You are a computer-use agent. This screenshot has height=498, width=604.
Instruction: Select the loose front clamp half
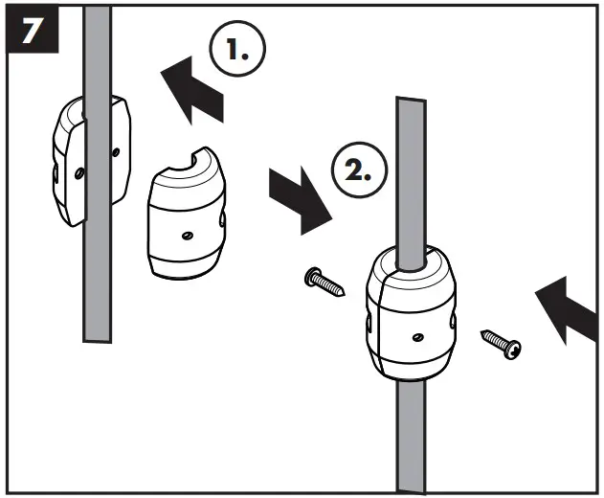point(189,217)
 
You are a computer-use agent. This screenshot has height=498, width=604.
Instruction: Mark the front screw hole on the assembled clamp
point(416,335)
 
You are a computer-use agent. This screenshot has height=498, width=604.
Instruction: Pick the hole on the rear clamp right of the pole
point(116,150)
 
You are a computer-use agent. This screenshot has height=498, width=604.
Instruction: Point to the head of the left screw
point(313,278)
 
